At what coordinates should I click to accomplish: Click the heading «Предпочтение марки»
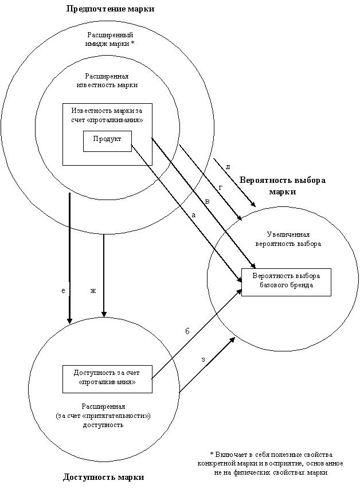[110, 9]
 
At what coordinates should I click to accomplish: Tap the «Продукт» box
[107, 141]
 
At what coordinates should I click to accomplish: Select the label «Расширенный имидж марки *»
[110, 40]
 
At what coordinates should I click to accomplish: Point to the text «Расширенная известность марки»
[107, 80]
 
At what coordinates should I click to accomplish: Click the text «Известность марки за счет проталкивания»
[107, 115]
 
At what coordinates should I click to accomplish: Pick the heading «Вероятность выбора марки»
[282, 186]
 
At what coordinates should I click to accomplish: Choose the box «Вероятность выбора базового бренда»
[287, 282]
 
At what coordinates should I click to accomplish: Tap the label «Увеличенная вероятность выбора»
[288, 239]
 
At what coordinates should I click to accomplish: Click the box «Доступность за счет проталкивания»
[107, 379]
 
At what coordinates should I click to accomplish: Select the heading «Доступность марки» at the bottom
[104, 477]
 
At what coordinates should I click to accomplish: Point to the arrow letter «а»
[193, 215]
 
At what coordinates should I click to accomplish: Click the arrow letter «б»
[187, 331]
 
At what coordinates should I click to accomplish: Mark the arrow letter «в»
[207, 201]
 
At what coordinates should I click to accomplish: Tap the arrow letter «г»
[221, 187]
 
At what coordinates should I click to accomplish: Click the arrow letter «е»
[63, 291]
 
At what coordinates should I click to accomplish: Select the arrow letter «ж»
[93, 291]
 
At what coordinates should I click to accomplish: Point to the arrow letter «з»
[203, 359]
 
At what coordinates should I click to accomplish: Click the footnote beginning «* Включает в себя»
[271, 463]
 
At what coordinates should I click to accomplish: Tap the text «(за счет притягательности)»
[103, 416]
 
